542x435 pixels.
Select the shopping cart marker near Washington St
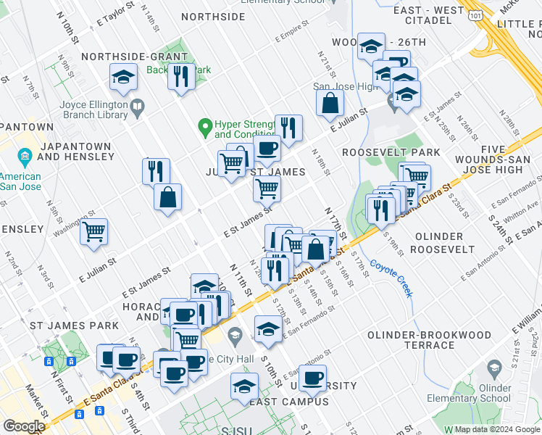[93, 232]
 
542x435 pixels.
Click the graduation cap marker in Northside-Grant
[124, 77]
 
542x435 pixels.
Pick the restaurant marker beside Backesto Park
[180, 75]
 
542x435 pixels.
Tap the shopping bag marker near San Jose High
[330, 103]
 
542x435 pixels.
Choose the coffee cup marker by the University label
[313, 378]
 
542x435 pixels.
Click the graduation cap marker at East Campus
[244, 386]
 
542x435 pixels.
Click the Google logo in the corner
[23, 426]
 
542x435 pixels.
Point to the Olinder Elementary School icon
[495, 368]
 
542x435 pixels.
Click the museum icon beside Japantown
[25, 157]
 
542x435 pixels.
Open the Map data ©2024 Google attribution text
[486, 429]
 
